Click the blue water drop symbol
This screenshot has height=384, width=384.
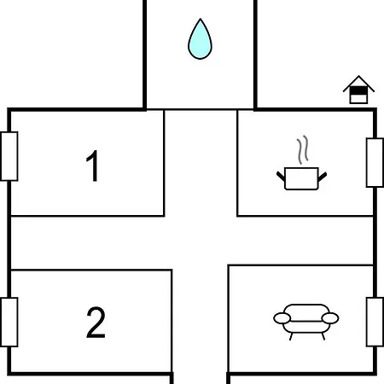point(200,40)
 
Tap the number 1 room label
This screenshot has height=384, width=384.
point(92,166)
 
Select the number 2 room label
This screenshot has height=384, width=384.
point(96,323)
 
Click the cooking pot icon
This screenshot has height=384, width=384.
point(301,178)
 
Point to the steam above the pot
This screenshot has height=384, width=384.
point(303,149)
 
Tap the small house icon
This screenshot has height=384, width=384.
point(358,90)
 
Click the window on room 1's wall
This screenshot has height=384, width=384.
point(9,156)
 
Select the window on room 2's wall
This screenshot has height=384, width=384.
point(9,323)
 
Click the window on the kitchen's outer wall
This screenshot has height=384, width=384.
point(375,163)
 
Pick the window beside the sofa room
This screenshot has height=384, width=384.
point(375,322)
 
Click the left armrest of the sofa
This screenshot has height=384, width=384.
point(282,318)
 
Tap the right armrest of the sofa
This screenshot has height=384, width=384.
point(330,318)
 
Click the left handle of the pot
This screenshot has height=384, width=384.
point(281,177)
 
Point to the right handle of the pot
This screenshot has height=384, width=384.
point(323,177)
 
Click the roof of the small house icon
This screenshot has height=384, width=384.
point(358,84)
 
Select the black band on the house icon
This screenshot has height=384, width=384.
point(358,90)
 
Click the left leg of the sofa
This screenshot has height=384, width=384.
point(291,336)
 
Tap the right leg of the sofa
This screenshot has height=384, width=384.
point(323,336)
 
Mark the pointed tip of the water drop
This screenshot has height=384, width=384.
point(201,19)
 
